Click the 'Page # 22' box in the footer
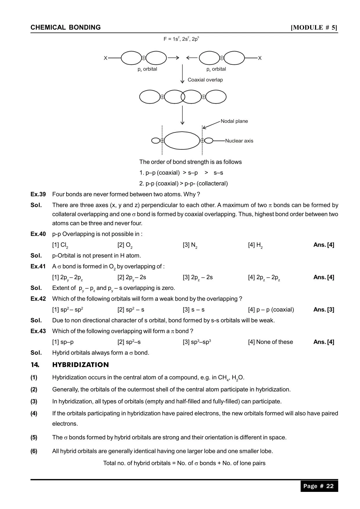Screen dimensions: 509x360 [x=319, y=486]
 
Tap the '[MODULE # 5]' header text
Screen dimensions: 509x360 [x=314, y=28]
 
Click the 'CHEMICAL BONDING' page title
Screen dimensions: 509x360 [x=66, y=28]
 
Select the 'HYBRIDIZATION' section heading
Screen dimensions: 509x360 [x=80, y=365]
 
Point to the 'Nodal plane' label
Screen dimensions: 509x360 [x=234, y=121]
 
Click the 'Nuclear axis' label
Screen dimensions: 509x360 [x=239, y=141]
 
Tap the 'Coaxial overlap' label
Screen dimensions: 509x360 [x=205, y=80]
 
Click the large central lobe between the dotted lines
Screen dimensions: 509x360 [x=182, y=141]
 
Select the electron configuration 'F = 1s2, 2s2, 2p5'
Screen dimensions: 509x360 [x=181, y=39]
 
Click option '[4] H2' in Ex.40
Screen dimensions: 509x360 [x=255, y=245]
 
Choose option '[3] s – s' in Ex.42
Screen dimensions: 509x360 [x=193, y=310]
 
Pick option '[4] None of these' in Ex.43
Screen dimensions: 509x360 [x=270, y=342]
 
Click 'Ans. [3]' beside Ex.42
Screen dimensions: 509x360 [x=323, y=310]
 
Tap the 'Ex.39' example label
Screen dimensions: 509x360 [x=38, y=194]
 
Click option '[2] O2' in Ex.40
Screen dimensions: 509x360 [x=125, y=245]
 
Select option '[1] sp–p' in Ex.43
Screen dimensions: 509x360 [x=63, y=342]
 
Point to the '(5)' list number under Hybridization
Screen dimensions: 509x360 [x=34, y=437]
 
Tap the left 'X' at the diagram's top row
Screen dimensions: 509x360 [x=106, y=58]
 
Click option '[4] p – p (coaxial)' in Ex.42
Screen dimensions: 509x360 [x=271, y=310]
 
